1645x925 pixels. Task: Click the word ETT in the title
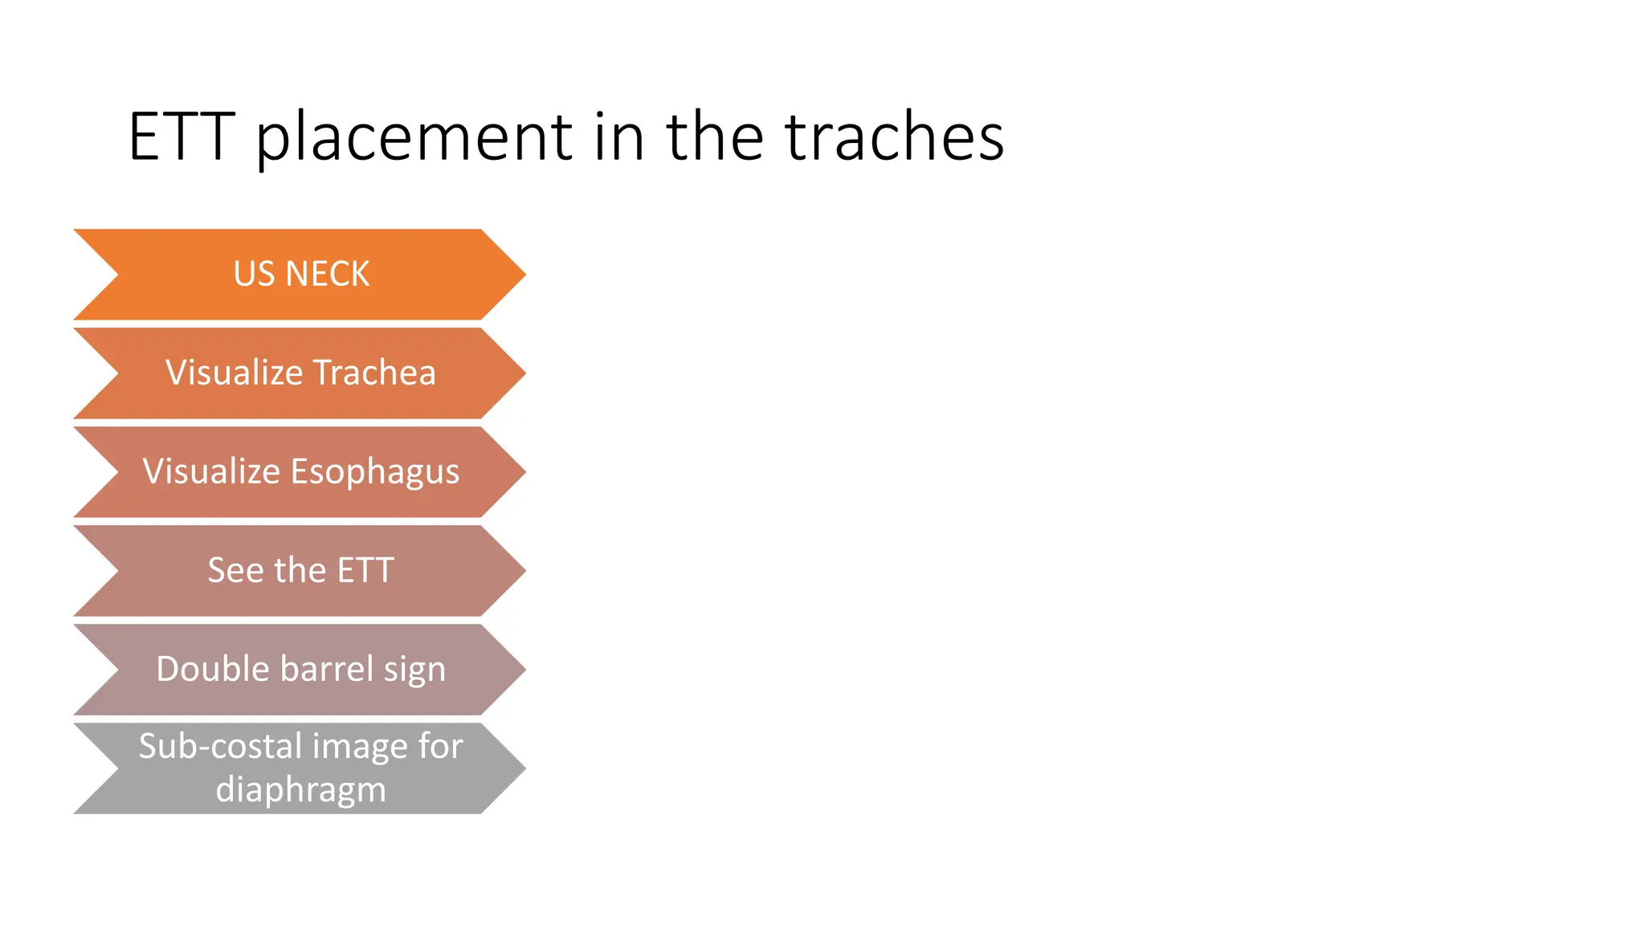[181, 137]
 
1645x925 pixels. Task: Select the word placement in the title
[414, 137]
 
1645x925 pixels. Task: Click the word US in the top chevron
[254, 275]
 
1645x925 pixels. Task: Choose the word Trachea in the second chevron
[374, 373]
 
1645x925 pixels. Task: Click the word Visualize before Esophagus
[211, 472]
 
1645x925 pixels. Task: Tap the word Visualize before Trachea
[234, 373]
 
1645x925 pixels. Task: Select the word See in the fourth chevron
[235, 571]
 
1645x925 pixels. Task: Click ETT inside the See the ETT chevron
[365, 571]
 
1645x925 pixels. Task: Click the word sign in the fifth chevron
[414, 670]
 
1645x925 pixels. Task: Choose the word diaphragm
[301, 790]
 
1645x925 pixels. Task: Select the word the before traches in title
[714, 137]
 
